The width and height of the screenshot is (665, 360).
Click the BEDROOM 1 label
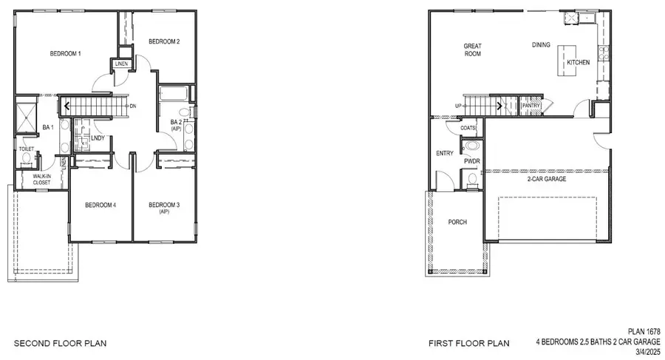tap(65, 53)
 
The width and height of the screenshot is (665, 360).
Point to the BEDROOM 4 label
tap(101, 205)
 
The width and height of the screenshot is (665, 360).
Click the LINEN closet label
tap(122, 65)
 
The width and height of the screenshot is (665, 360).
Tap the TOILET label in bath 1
tap(27, 149)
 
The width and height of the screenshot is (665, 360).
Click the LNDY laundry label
tap(98, 138)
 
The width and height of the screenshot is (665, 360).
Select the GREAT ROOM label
tap(473, 50)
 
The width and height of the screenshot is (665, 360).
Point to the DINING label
tap(541, 45)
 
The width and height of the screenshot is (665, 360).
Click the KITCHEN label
tap(578, 63)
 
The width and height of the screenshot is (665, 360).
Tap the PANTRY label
tap(531, 106)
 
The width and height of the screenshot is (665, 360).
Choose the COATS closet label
tap(468, 128)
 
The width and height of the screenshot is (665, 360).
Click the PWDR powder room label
tap(472, 160)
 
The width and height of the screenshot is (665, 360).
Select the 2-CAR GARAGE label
tap(546, 180)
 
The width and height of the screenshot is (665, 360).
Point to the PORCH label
tap(457, 222)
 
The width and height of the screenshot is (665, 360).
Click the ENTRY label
tap(445, 153)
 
